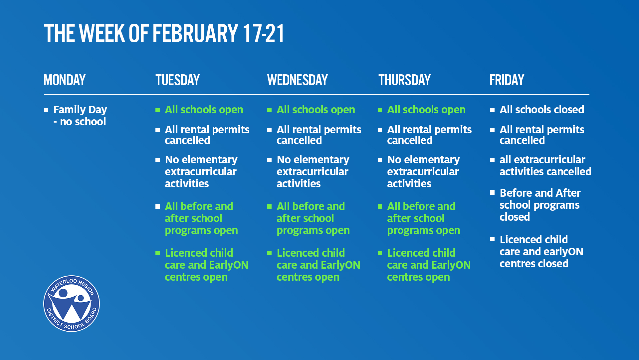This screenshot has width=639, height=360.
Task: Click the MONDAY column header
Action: (65, 80)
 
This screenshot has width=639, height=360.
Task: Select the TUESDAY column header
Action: (177, 80)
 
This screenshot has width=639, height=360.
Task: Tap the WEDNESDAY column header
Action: (298, 80)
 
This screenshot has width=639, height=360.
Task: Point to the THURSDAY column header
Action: (404, 80)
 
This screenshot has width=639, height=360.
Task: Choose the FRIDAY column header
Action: (507, 80)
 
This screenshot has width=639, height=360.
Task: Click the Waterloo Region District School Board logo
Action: (72, 304)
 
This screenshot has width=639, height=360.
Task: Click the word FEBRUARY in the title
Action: (195, 33)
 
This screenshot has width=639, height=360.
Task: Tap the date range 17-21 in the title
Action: (264, 33)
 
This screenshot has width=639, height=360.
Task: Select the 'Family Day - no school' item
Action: (80, 115)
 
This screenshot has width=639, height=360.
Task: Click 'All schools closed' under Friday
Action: (542, 110)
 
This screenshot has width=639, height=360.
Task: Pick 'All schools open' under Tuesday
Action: (204, 110)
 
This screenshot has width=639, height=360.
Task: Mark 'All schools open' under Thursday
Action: (426, 110)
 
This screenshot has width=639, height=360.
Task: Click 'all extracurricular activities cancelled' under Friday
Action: (545, 165)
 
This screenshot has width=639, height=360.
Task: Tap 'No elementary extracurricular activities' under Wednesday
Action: (313, 171)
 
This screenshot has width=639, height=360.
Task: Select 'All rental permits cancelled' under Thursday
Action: (429, 135)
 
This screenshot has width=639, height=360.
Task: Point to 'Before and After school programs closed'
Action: (540, 205)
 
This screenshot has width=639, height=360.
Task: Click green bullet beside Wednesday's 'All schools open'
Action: (269, 110)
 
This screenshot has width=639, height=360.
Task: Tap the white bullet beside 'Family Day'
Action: (46, 110)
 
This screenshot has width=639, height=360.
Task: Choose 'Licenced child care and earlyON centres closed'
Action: (541, 251)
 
